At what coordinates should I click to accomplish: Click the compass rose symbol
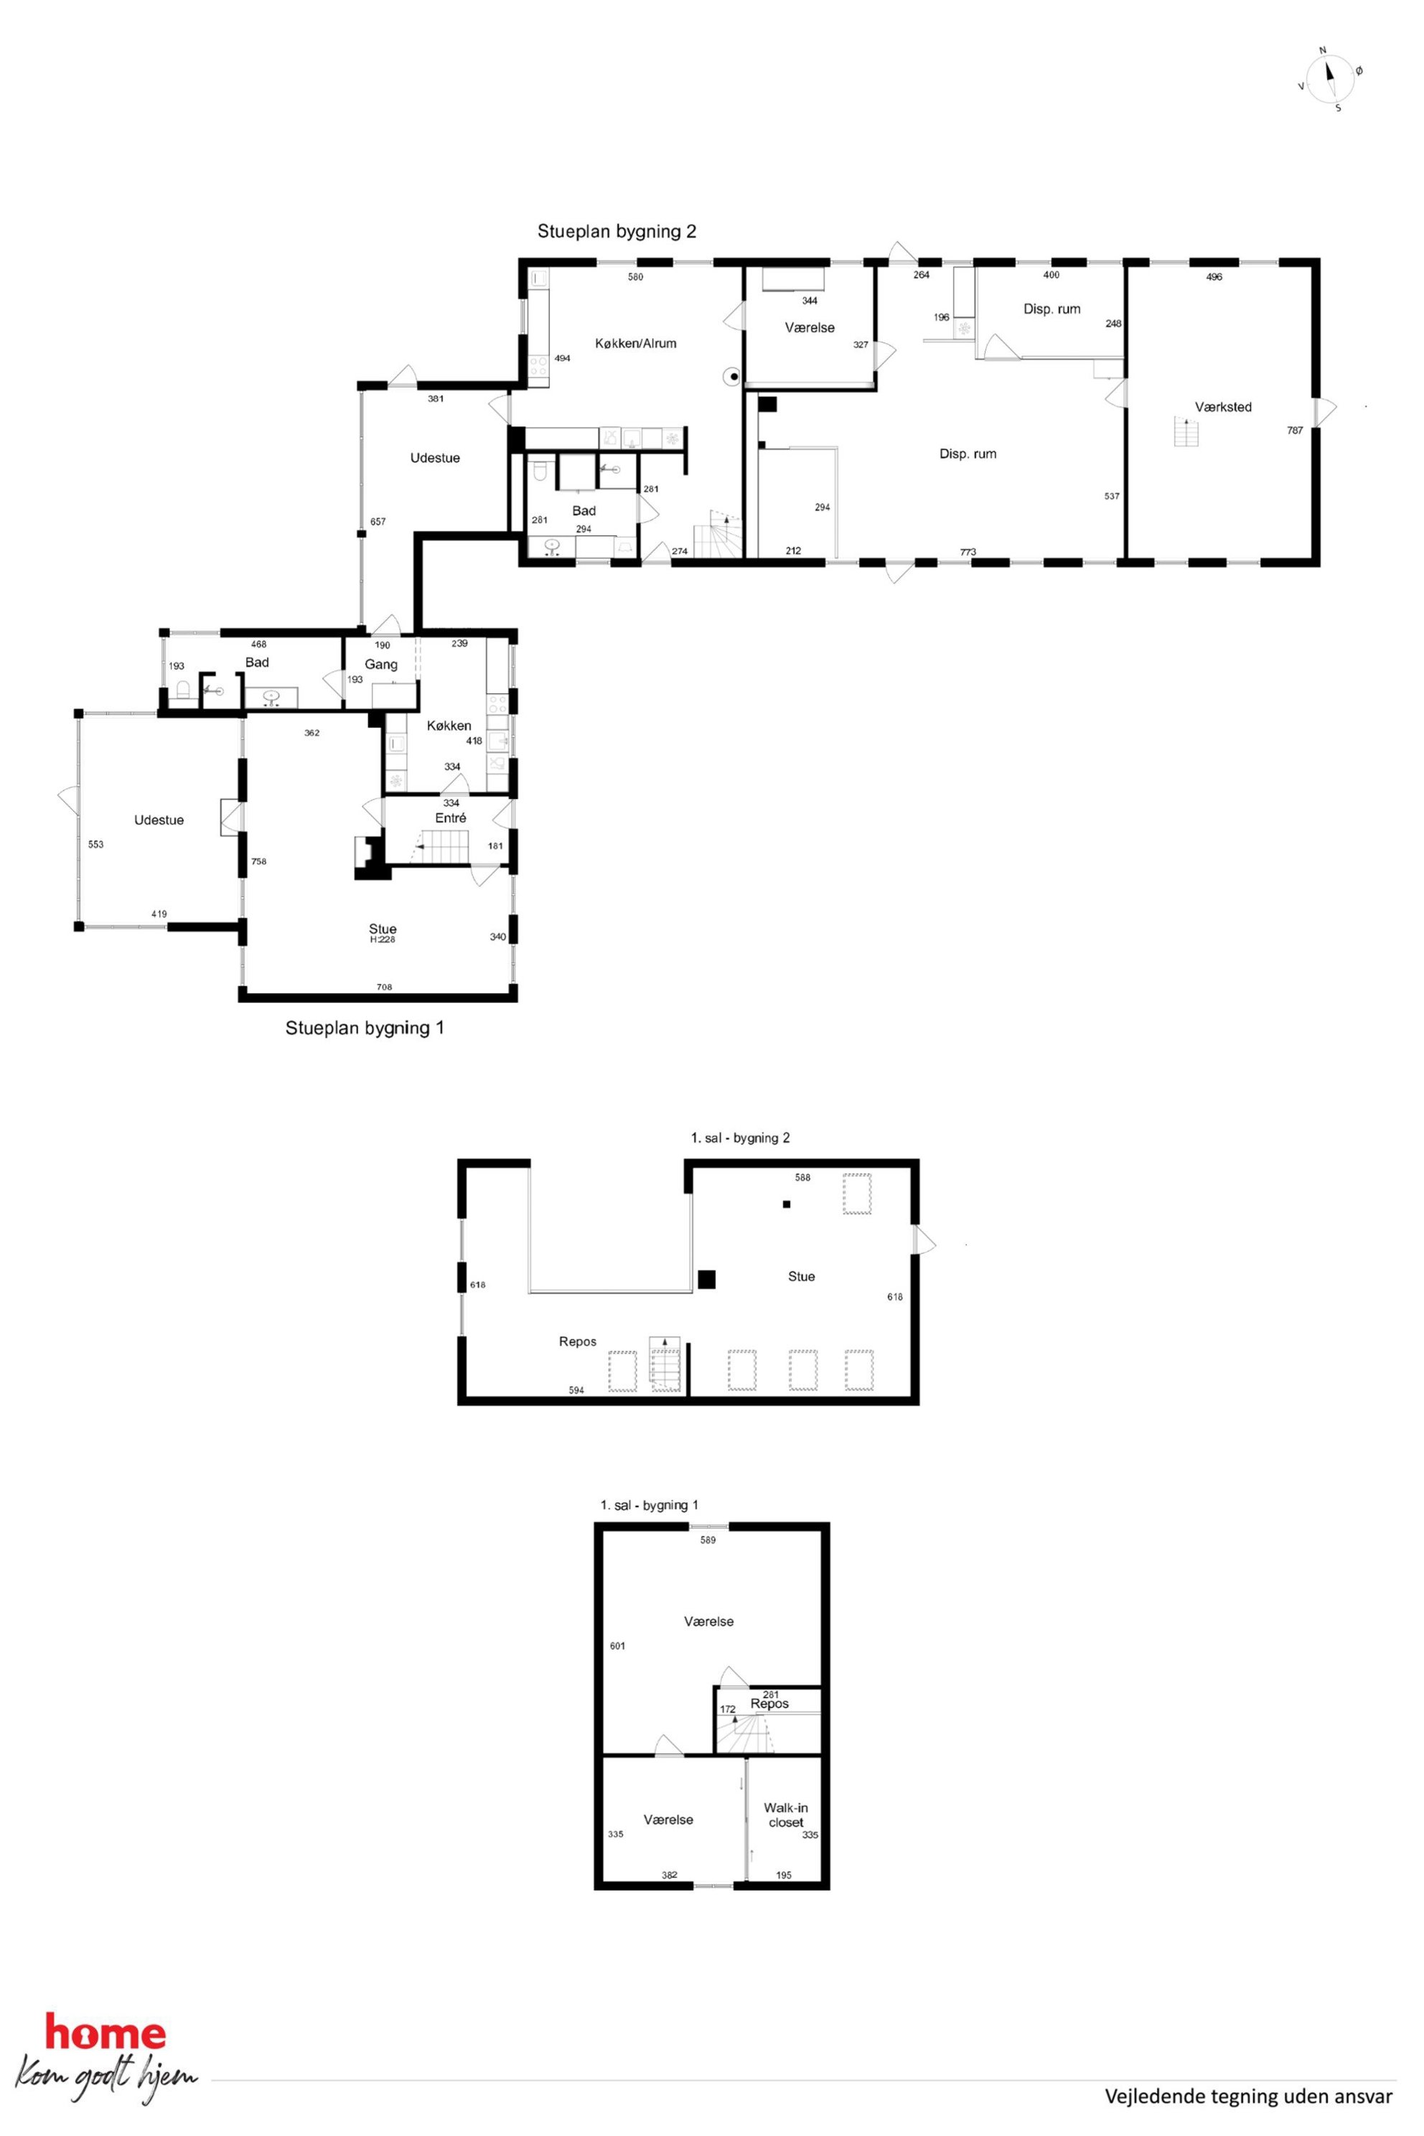pyautogui.click(x=1329, y=78)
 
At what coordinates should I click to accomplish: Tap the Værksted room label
pyautogui.click(x=1222, y=408)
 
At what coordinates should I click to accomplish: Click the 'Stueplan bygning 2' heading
pyautogui.click(x=617, y=232)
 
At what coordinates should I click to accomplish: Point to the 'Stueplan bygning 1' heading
pyautogui.click(x=364, y=1028)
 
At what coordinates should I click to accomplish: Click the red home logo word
pyautogui.click(x=106, y=2031)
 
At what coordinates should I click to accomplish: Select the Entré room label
pyautogui.click(x=451, y=818)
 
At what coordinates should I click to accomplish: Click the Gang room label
pyautogui.click(x=380, y=665)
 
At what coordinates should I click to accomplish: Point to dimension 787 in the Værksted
pyautogui.click(x=1294, y=431)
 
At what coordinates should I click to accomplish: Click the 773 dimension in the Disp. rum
pyautogui.click(x=968, y=552)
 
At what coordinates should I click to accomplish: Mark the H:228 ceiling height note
pyautogui.click(x=383, y=940)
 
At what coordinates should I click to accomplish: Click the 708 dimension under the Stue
pyautogui.click(x=384, y=987)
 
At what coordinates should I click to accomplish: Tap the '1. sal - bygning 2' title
pyautogui.click(x=740, y=1138)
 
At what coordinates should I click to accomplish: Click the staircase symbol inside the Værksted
pyautogui.click(x=1186, y=431)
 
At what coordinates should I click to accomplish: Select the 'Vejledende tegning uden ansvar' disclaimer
pyautogui.click(x=1248, y=2096)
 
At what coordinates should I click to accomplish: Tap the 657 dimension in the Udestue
pyautogui.click(x=378, y=521)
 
